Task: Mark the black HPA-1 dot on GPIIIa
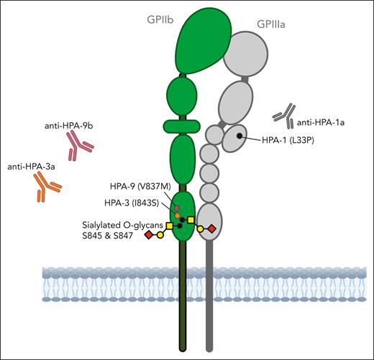[237, 136]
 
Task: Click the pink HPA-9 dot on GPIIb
[176, 207]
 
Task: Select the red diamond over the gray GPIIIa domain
[211, 229]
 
